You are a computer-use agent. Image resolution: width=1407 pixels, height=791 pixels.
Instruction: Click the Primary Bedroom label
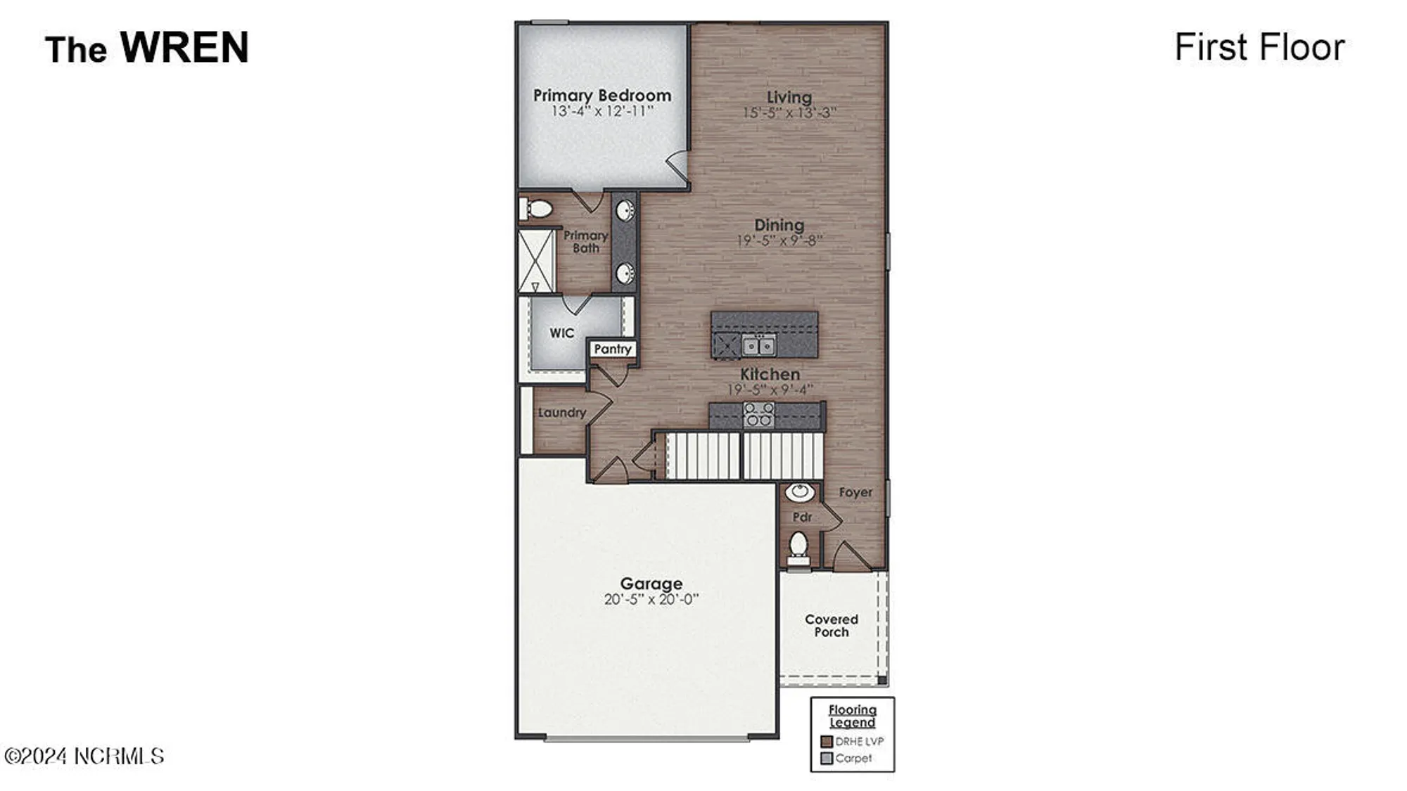pos(601,95)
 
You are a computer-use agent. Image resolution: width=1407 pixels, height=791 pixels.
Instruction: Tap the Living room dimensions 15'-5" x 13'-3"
pos(789,112)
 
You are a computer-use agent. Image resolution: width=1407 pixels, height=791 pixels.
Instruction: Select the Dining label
pos(779,225)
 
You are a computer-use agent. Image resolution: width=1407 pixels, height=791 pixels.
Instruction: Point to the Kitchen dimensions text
pos(770,389)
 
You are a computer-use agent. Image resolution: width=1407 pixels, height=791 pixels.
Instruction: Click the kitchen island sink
pos(759,345)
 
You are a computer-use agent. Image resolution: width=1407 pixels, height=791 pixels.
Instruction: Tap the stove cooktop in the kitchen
pos(758,415)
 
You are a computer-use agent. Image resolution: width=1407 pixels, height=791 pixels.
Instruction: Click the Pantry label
pos(613,349)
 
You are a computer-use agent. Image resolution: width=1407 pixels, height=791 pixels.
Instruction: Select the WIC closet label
pos(561,333)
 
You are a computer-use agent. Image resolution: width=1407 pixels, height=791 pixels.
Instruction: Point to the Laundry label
pos(561,413)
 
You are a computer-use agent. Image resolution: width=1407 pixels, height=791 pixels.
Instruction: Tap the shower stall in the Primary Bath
pos(536,260)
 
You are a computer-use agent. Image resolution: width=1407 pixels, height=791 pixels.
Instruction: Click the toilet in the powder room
pos(798,546)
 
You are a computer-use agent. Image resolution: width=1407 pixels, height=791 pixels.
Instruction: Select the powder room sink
pos(800,491)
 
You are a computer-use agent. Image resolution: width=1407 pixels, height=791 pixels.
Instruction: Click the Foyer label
pos(855,492)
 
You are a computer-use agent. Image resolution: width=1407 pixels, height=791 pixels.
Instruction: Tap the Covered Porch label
pos(832,625)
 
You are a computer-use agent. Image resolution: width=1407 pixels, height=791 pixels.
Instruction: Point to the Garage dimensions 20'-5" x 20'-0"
pos(651,599)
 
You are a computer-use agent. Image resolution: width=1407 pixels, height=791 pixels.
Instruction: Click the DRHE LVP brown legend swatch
pos(827,741)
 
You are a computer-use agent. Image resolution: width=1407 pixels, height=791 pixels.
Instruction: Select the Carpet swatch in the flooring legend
pos(827,758)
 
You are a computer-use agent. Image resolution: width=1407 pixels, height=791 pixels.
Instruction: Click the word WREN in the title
pos(184,47)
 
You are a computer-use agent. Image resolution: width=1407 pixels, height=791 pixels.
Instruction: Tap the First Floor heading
pos(1259,47)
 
